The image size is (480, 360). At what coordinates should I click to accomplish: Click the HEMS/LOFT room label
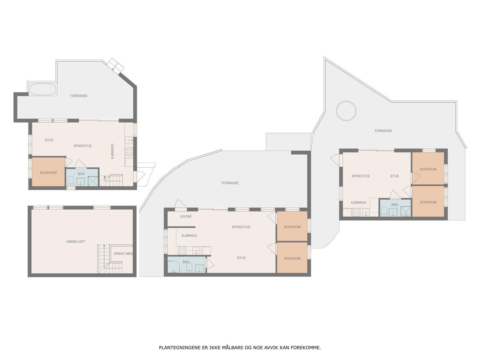coord(76,241)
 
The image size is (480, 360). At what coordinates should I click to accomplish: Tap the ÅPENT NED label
coord(123,253)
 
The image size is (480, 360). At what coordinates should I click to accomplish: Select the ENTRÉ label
coord(186,216)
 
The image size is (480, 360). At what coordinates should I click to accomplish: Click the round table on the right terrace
coord(346,111)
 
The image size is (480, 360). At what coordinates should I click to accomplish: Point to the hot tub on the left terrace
coord(43,89)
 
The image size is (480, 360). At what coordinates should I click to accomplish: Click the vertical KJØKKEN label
coord(112,151)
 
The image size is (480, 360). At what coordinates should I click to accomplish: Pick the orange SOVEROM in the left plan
coord(48,172)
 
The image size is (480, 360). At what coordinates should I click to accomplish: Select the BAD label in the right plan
coord(394,205)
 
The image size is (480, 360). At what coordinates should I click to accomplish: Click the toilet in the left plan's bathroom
coord(70,181)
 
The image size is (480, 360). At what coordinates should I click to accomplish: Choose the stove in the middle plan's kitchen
coord(182,250)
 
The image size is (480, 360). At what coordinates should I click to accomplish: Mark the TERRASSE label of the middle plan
coord(230,183)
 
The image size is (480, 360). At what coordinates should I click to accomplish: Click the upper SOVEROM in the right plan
coord(428,169)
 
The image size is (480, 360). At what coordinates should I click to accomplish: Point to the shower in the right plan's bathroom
coord(406,211)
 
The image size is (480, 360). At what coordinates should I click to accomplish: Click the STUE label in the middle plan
coord(241,258)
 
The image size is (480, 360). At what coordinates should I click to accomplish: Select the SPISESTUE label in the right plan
coord(361,176)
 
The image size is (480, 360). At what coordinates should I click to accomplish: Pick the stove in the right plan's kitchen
coord(356,212)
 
